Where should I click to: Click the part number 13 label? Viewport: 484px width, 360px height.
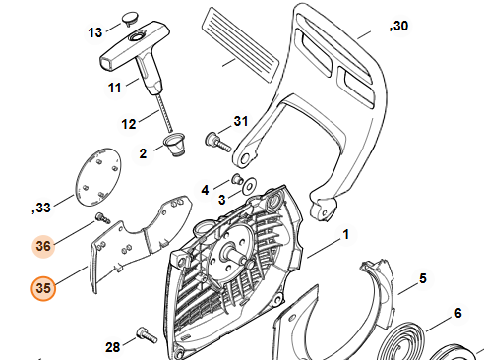click(x=95, y=32)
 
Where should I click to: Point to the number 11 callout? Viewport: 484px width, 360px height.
click(x=115, y=88)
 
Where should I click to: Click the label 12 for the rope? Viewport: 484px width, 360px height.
click(x=129, y=124)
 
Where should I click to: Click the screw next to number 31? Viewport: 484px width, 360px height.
click(x=218, y=142)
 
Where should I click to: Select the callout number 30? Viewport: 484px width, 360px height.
click(x=398, y=26)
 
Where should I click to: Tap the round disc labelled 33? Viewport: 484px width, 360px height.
click(x=98, y=177)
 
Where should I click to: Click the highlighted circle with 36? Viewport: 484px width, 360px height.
click(x=43, y=246)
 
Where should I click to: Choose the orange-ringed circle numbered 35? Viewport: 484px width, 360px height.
click(x=43, y=288)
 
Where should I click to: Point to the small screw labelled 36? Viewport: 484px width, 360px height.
click(x=102, y=218)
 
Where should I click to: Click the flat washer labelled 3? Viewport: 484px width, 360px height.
click(x=250, y=186)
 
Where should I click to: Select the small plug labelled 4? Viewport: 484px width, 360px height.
click(x=237, y=179)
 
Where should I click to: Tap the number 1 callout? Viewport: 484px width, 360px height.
click(x=346, y=235)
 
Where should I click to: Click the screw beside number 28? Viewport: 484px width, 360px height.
click(x=147, y=334)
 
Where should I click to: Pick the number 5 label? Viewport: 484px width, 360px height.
click(x=423, y=278)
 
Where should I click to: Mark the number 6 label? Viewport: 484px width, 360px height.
click(x=458, y=313)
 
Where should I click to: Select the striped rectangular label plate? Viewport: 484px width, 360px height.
click(x=240, y=44)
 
